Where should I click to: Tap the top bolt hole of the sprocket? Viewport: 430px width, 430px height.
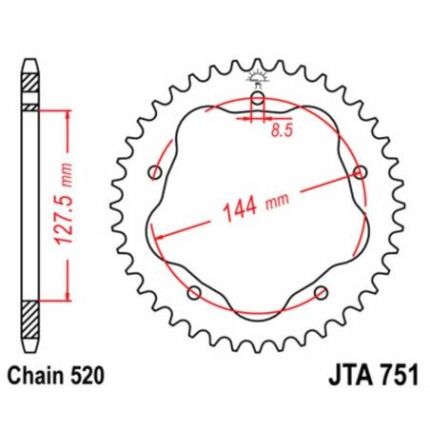(257, 99)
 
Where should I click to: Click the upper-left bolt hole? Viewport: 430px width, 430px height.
(156, 171)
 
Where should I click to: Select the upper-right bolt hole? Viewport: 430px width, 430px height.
(360, 172)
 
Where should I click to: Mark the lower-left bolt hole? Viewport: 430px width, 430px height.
(195, 291)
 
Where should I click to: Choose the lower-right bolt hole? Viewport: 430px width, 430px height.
(321, 291)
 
